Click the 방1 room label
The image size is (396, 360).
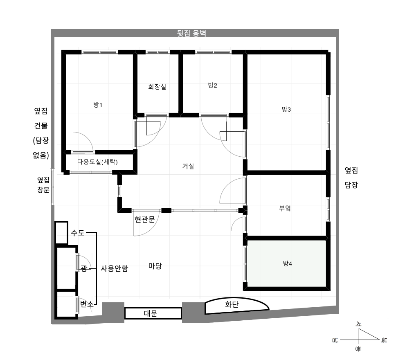tap(98, 105)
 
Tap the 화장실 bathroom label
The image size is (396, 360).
tap(157, 87)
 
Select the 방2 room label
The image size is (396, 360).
tap(213, 85)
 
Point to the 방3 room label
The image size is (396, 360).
tap(286, 109)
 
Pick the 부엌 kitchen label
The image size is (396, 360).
tap(285, 208)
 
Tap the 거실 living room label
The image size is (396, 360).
tap(188, 166)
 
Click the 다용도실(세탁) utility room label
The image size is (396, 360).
tap(97, 162)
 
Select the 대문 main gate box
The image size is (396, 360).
tap(153, 313)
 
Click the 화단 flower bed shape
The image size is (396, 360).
tap(236, 306)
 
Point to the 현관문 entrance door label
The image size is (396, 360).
tap(145, 219)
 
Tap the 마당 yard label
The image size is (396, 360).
tap(155, 266)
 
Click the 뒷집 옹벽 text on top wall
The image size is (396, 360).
tap(192, 34)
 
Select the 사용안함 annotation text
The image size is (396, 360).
tap(115, 268)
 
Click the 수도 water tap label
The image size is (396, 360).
tap(78, 233)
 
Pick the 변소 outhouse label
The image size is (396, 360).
tap(87, 304)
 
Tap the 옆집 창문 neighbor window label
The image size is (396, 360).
tap(43, 184)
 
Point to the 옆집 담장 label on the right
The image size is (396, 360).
tap(351, 178)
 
